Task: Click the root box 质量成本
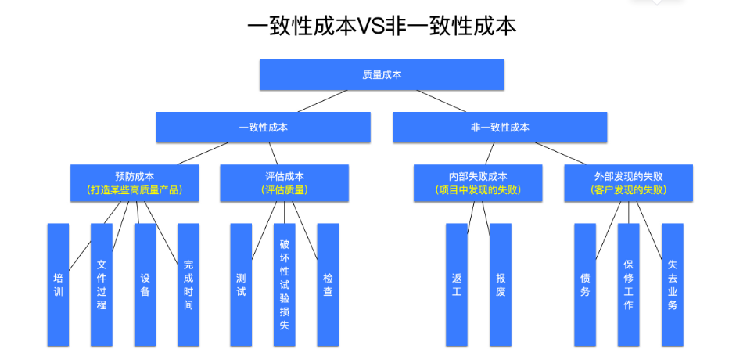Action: [x=382, y=75]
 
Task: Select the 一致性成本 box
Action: [x=263, y=128]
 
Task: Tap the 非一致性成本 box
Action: [x=500, y=128]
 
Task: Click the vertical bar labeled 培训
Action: [x=58, y=285]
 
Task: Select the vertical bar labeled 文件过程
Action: [x=102, y=285]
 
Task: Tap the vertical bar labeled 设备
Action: [x=145, y=285]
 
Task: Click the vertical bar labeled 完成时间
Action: [x=188, y=285]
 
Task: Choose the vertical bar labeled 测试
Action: [x=241, y=285]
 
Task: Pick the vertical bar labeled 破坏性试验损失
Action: [x=284, y=285]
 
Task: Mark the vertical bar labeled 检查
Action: [x=328, y=285]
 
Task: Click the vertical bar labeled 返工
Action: [x=457, y=285]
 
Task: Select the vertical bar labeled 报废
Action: [x=501, y=285]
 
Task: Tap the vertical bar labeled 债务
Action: [x=585, y=285]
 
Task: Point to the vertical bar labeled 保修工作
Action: [x=629, y=285]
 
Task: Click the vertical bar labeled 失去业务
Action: [x=673, y=285]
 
